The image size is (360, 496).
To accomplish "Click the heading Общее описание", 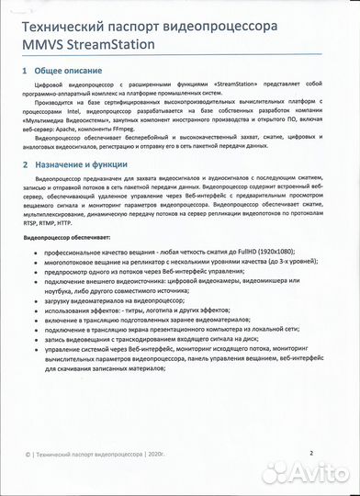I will [x=70, y=70].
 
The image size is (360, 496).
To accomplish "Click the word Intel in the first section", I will [x=97, y=118].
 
